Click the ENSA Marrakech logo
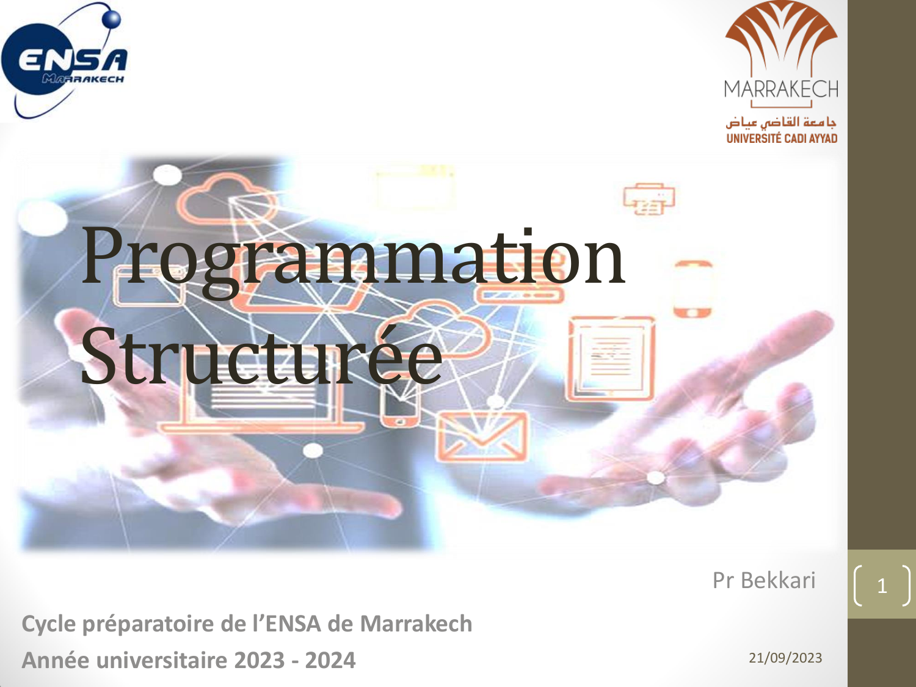[x=65, y=60]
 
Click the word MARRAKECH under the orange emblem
[x=781, y=89]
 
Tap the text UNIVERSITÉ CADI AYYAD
[x=782, y=138]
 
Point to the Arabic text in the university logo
[x=781, y=122]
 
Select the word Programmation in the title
[x=353, y=261]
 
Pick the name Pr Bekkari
[x=764, y=580]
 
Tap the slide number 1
[x=882, y=586]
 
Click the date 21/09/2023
[x=785, y=658]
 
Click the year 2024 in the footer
[x=330, y=660]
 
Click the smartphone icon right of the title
[x=692, y=289]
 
